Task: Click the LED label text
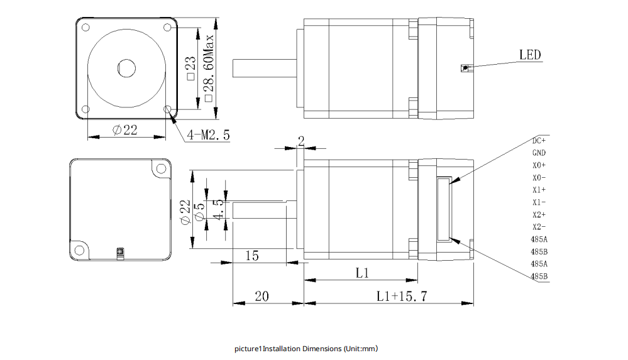[x=529, y=55]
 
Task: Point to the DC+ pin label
[x=539, y=140]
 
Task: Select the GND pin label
[x=539, y=153]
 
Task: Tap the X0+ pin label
[x=539, y=165]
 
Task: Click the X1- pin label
[x=539, y=202]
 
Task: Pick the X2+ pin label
[x=539, y=215]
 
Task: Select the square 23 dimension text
[x=191, y=67]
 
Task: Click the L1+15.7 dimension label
[x=402, y=296]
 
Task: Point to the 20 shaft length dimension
[x=262, y=296]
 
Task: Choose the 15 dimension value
[x=251, y=256]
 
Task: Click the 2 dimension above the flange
[x=300, y=142]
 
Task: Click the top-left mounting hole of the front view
[x=86, y=28]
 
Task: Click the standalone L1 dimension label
[x=361, y=273]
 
